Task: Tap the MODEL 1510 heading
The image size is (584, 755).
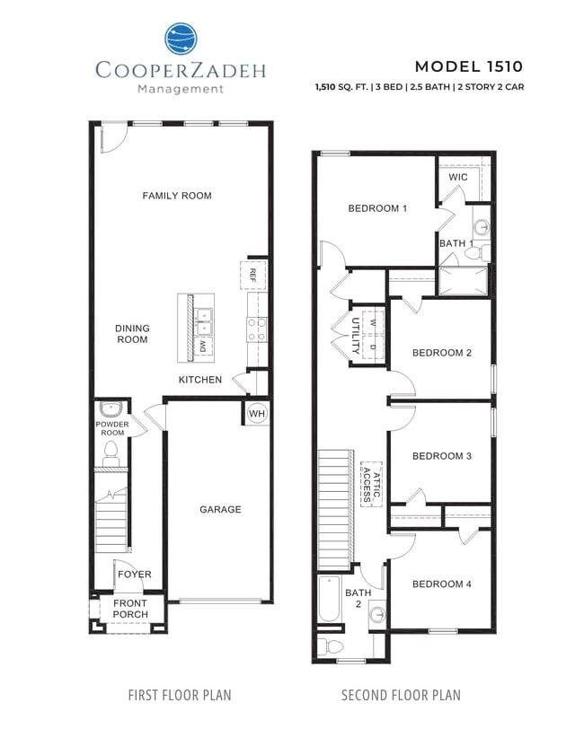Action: click(467, 66)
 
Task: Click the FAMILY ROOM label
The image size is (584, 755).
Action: click(177, 196)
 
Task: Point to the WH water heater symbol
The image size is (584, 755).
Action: click(256, 413)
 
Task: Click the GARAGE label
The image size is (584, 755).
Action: click(220, 510)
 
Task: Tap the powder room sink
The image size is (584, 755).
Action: click(111, 409)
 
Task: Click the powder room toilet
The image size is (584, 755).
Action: click(112, 453)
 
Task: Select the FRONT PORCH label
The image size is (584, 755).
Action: click(129, 610)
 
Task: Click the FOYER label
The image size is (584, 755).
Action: click(135, 575)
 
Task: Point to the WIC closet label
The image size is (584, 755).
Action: click(458, 178)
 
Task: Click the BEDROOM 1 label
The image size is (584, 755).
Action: click(377, 208)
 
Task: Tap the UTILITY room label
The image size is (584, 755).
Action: click(356, 333)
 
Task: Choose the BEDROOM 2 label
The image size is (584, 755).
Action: click(441, 353)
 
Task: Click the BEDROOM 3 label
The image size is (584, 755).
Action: click(441, 456)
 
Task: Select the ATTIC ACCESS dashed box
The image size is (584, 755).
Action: click(371, 485)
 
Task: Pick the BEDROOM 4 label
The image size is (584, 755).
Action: click(441, 584)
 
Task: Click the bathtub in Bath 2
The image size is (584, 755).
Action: click(329, 599)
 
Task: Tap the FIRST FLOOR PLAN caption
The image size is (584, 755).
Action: click(180, 695)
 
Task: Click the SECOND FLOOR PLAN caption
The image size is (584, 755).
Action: click(401, 695)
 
